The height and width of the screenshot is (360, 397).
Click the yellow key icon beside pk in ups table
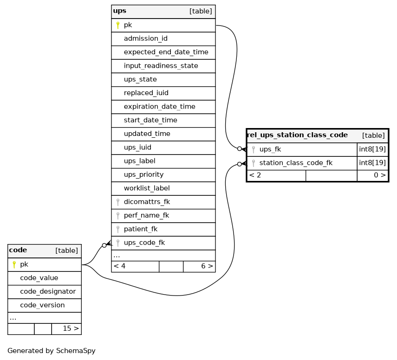pyautogui.click(x=118, y=25)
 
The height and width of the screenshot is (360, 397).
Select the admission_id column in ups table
pyautogui.click(x=146, y=39)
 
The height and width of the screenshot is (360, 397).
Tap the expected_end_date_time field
pyautogui.click(x=166, y=52)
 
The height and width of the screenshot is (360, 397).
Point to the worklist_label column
pyautogui.click(x=147, y=188)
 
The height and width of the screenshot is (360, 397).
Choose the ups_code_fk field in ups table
pyautogui.click(x=144, y=243)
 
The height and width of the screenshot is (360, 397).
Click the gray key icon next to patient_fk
pyautogui.click(x=118, y=229)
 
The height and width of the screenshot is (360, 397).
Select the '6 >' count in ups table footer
pyautogui.click(x=207, y=266)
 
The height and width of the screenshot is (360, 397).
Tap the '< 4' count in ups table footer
pyautogui.click(x=119, y=266)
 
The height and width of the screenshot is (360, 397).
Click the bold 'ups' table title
pyautogui.click(x=119, y=11)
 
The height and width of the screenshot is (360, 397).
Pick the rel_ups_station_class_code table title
pyautogui.click(x=297, y=135)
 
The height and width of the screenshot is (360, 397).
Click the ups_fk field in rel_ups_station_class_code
pyautogui.click(x=270, y=149)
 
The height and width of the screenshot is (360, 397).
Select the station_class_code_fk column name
pyautogui.click(x=296, y=163)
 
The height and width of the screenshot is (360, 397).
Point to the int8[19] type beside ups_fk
pyautogui.click(x=372, y=149)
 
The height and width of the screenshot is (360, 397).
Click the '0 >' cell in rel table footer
pyautogui.click(x=380, y=175)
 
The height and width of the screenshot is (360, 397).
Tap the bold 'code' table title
pyautogui.click(x=18, y=250)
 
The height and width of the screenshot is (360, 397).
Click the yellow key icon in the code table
pyautogui.click(x=14, y=264)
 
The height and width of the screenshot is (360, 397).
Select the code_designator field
pyautogui.click(x=48, y=292)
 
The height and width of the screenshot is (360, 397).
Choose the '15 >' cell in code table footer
pyautogui.click(x=71, y=328)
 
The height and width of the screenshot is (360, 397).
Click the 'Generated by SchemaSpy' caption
pyautogui.click(x=52, y=351)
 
